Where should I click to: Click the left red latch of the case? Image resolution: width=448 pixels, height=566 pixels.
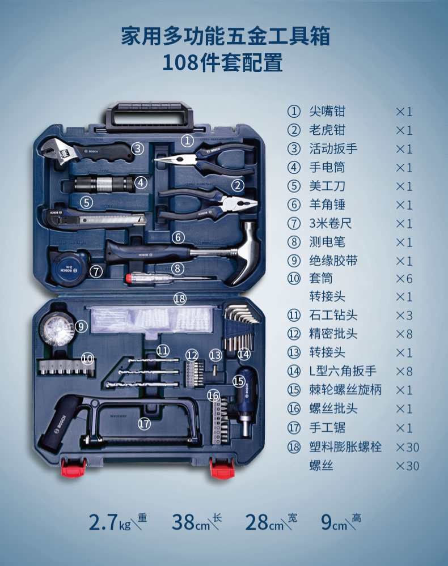point(74,467)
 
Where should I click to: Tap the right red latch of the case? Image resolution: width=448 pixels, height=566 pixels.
point(222,468)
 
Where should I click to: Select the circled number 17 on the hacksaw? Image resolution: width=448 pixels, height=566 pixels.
point(145,423)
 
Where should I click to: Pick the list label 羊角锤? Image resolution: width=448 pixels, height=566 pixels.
point(327,205)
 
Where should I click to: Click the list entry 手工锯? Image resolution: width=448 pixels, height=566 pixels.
point(327,428)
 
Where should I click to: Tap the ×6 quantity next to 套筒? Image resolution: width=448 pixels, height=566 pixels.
point(404,279)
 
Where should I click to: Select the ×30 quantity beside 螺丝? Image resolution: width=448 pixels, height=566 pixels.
point(407,466)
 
